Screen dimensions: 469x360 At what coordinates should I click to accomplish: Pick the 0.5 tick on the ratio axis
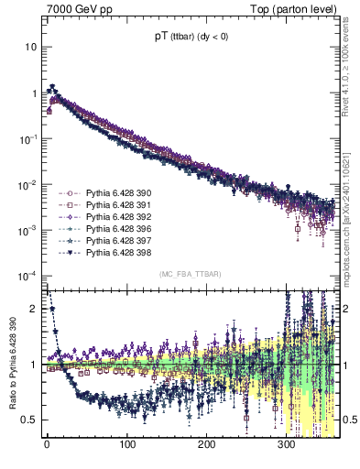click(x=31, y=420)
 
